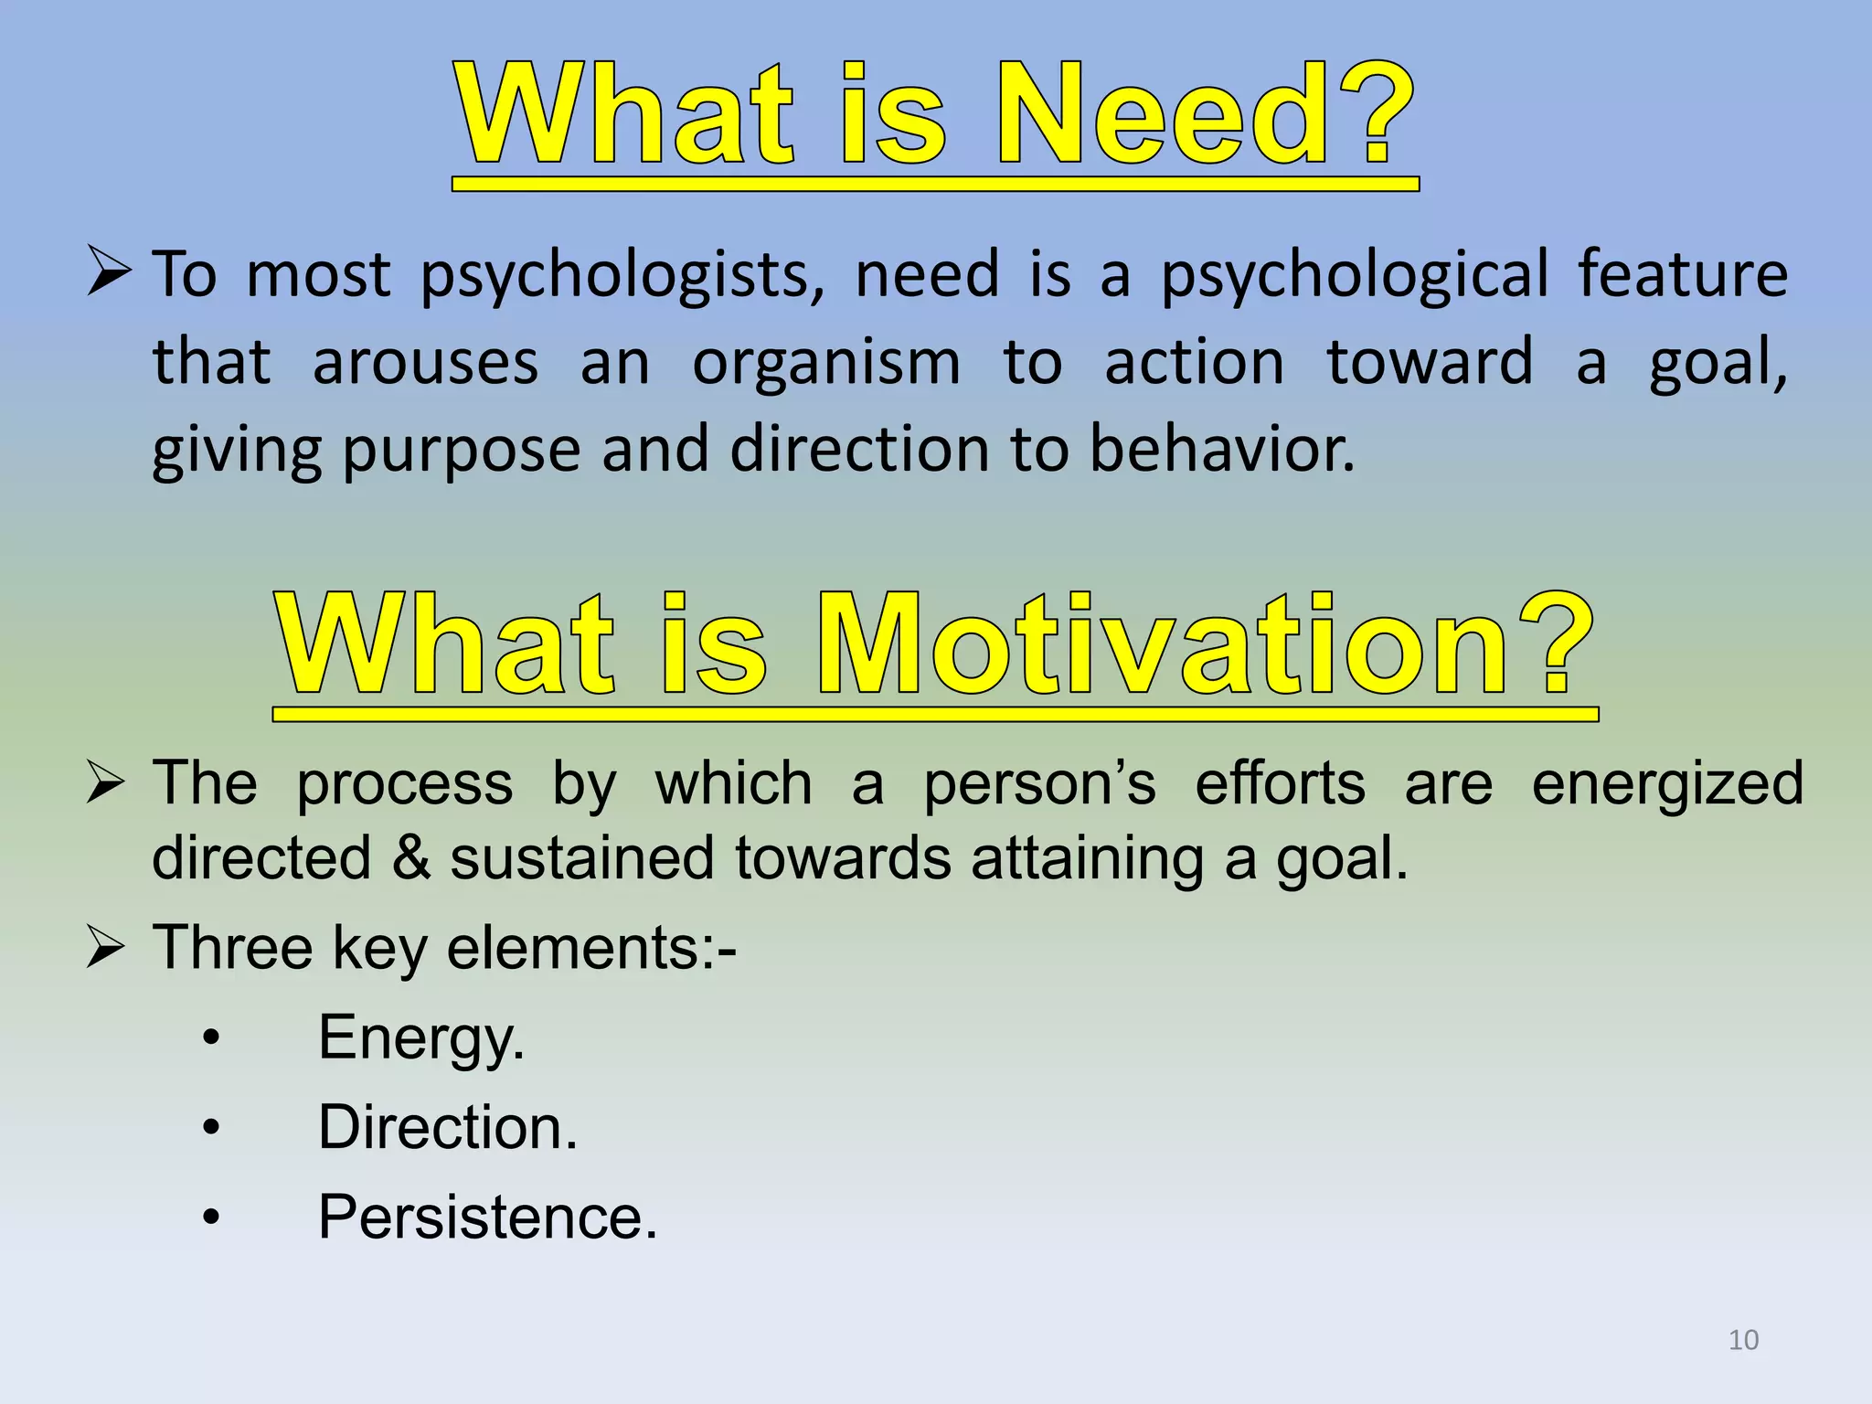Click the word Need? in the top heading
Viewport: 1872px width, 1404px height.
click(x=1205, y=114)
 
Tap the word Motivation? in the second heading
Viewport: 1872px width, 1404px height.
click(x=1205, y=644)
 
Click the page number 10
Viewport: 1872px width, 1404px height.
click(x=1743, y=1340)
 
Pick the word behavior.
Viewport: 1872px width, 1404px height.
click(x=1222, y=450)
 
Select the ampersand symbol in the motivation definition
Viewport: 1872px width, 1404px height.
click(x=410, y=858)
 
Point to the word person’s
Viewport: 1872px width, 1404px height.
click(x=1039, y=785)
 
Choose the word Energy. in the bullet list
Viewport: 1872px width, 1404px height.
click(x=421, y=1039)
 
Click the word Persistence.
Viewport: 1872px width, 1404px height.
click(x=487, y=1218)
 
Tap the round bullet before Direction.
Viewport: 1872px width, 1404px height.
click(x=211, y=1128)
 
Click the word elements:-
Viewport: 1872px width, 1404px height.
click(x=590, y=948)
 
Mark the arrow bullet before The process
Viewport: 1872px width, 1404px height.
click(x=105, y=783)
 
